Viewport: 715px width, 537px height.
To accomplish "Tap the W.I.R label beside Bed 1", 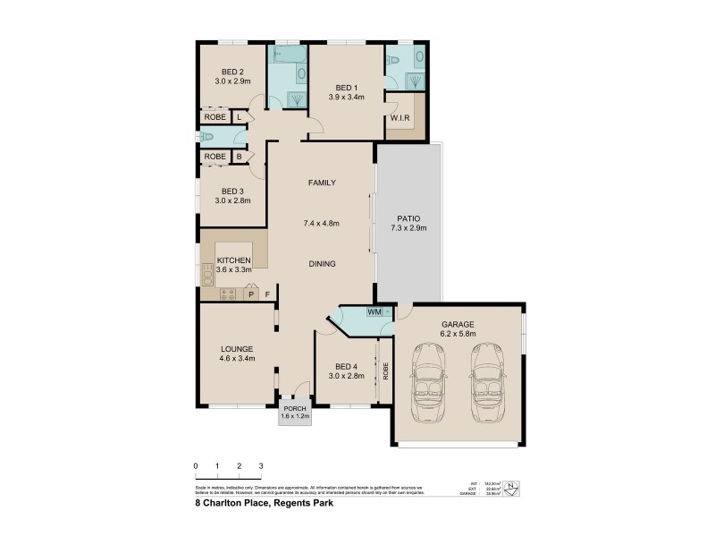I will tap(400, 118).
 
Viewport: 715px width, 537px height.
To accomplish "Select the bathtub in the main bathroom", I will tap(288, 55).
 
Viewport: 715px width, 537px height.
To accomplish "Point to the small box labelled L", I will tap(240, 116).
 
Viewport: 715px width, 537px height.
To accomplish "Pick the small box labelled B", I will tap(239, 157).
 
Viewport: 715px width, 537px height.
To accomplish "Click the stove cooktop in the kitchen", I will tap(228, 293).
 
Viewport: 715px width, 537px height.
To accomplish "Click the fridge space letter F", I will tap(266, 294).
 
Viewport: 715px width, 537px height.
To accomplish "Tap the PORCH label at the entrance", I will tap(295, 409).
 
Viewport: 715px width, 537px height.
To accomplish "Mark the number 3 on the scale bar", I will tap(261, 466).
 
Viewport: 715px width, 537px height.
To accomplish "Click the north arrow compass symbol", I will tap(511, 488).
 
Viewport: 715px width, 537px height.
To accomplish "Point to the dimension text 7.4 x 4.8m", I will tap(322, 223).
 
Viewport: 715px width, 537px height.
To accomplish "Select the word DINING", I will tap(322, 264).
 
